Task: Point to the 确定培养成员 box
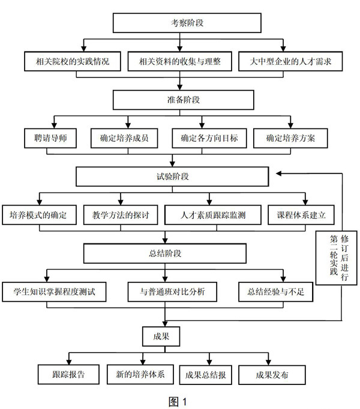124,139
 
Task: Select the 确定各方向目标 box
209,139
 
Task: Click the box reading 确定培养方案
290,139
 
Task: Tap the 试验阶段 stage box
172,177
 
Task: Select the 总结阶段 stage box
165,253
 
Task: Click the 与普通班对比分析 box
176,292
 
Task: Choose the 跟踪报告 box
68,375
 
